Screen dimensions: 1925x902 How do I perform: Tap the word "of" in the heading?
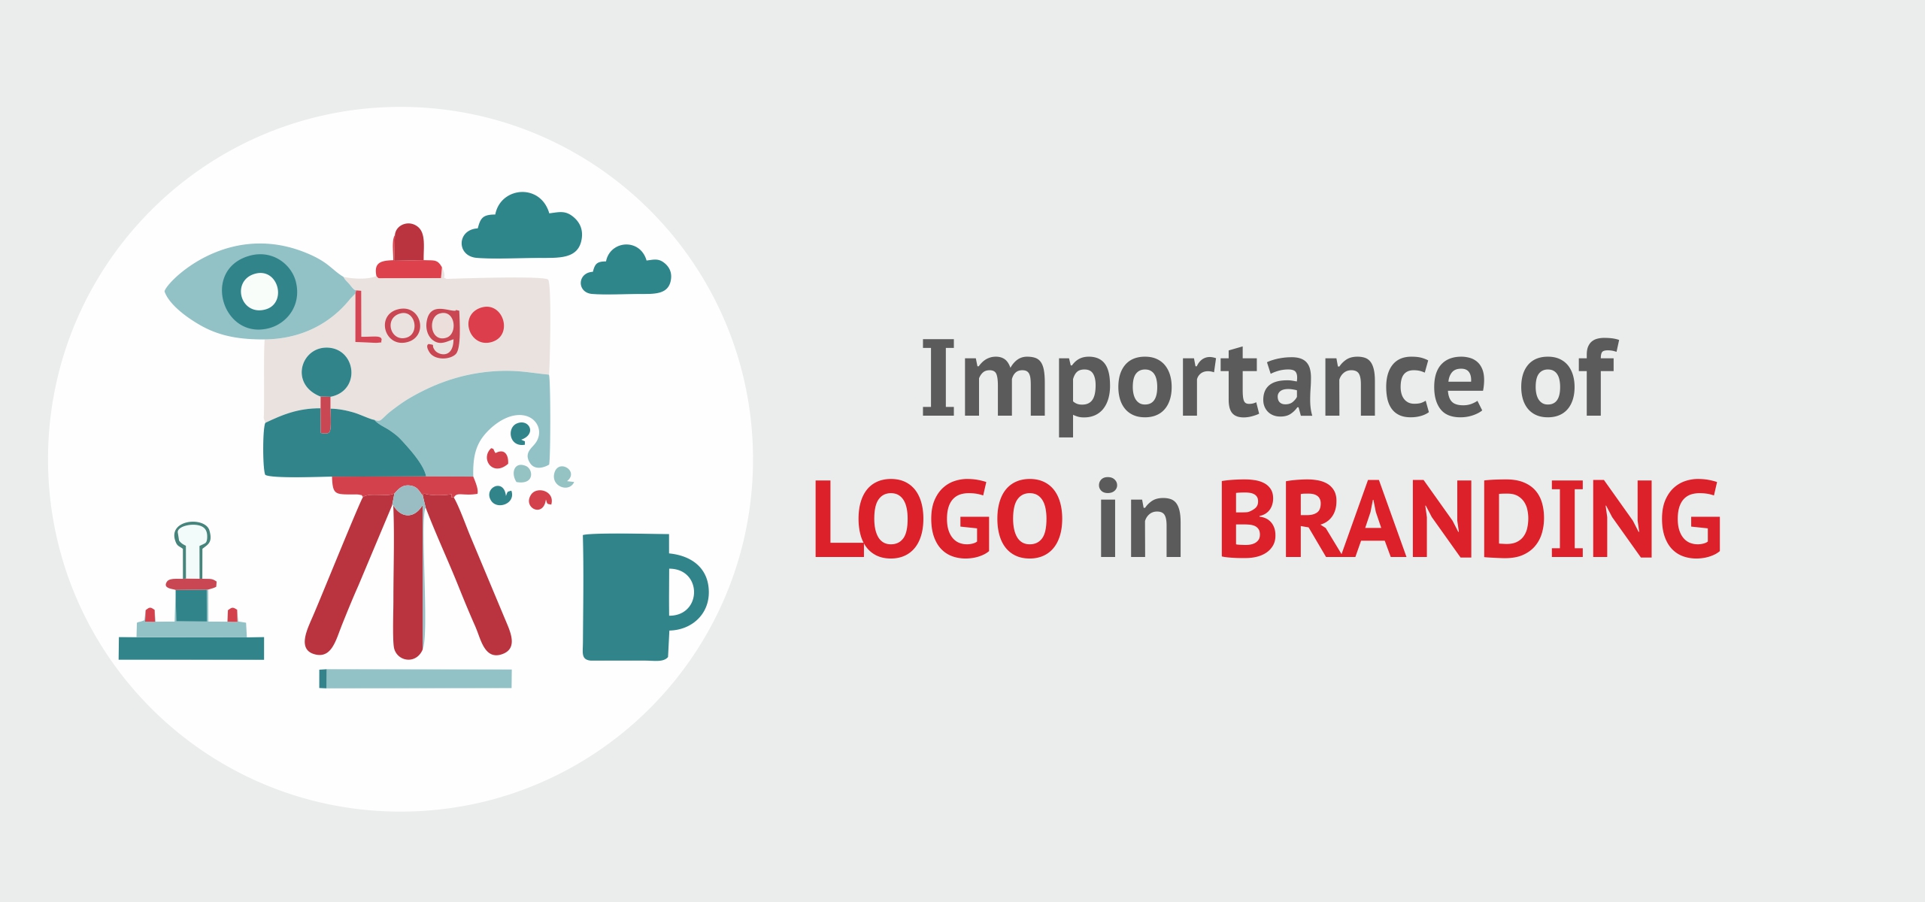click(1568, 378)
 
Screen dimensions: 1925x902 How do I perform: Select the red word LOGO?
click(938, 519)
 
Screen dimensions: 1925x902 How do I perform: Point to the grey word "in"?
click(1141, 518)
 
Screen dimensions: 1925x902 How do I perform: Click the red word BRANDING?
click(1470, 519)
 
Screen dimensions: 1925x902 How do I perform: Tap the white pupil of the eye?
click(259, 292)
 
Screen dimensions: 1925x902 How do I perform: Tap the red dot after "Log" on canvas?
click(486, 325)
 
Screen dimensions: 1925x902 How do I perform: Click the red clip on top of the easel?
click(408, 252)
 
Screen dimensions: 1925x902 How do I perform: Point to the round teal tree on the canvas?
click(326, 372)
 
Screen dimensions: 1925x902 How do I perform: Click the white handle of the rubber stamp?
click(192, 549)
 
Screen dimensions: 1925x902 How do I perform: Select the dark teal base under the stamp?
click(192, 648)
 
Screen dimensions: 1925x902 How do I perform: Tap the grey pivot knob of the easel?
click(408, 500)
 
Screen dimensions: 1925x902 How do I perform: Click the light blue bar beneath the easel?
click(416, 679)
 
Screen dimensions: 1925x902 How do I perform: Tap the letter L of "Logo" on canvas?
click(366, 316)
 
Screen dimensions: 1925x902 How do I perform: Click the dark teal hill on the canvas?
click(342, 445)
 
